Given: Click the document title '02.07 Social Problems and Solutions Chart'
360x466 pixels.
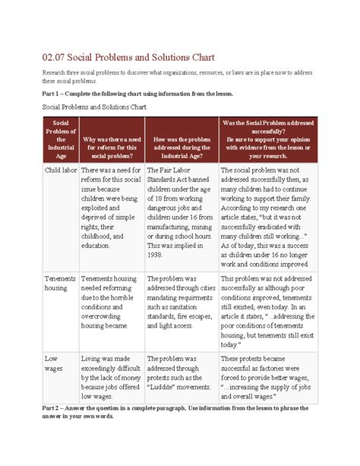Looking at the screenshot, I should point(129,58).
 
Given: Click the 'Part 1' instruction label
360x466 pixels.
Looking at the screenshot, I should point(53,94).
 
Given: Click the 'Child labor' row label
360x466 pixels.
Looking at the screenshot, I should point(60,171).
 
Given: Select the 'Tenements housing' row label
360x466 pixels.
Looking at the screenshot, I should point(61,284).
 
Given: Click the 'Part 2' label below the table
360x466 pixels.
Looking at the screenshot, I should point(53,408).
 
